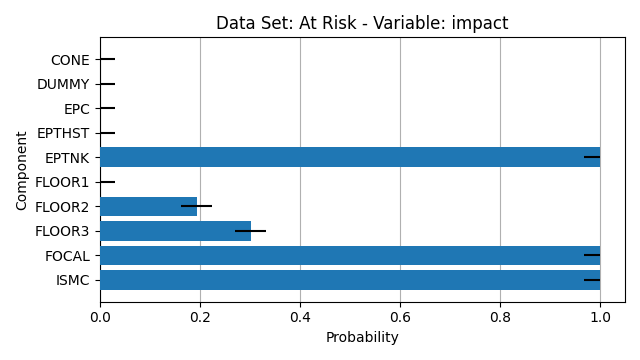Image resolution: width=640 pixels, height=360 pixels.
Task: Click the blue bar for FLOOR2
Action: point(149,207)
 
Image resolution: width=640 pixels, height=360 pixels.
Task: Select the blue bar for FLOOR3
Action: point(176,231)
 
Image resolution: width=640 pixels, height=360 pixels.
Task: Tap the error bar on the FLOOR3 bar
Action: point(250,231)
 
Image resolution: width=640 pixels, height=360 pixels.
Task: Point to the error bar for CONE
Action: point(108,60)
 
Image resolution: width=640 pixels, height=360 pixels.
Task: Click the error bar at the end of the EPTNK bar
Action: point(592,157)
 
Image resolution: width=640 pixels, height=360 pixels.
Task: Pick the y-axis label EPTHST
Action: point(63,133)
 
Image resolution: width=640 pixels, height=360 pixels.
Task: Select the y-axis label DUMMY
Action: point(63,84)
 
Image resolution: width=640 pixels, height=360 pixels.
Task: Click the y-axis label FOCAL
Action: point(67,256)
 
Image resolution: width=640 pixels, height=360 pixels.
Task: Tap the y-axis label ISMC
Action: point(73,281)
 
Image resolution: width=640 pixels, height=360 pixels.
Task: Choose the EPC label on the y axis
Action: point(77,109)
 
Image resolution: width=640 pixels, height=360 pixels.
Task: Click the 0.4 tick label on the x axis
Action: point(300,317)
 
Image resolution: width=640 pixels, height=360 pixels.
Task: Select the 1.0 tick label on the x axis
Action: point(600,317)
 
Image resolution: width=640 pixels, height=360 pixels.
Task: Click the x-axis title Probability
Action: point(362,338)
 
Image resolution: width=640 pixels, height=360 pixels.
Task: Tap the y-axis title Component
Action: point(21,171)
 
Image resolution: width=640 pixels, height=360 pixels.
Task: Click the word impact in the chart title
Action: point(480,23)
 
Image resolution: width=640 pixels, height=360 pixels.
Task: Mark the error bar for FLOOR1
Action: point(108,182)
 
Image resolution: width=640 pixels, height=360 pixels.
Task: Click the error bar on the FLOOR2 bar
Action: point(196,206)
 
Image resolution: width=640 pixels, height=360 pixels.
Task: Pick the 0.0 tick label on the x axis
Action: point(100,317)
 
